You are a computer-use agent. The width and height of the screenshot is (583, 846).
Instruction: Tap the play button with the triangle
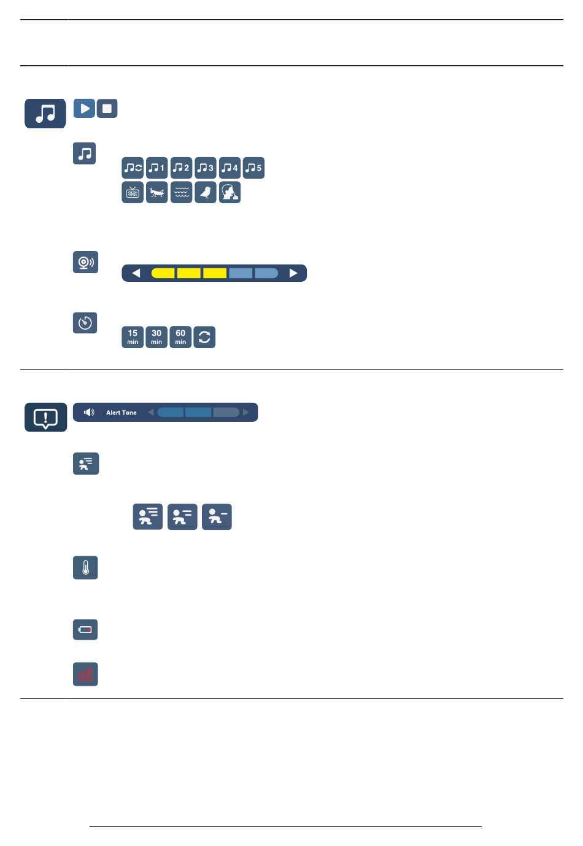point(84,109)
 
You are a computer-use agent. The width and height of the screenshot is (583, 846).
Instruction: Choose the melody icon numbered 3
point(206,168)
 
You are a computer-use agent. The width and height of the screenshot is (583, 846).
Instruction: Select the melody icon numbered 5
point(253,168)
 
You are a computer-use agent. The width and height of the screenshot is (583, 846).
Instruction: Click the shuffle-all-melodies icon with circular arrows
point(133,168)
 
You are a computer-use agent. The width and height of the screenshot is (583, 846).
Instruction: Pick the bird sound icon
point(206,192)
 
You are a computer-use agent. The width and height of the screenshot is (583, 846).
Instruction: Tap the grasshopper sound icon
point(157,192)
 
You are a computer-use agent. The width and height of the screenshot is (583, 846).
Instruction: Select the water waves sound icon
point(181,192)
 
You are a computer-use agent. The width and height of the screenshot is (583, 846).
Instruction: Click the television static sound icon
point(133,192)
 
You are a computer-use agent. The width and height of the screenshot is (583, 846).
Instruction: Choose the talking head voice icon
point(230,192)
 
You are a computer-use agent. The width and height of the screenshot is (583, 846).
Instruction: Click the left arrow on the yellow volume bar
point(136,273)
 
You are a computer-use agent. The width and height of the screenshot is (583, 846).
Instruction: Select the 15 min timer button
point(133,337)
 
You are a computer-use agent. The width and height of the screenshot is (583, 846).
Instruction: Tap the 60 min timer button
point(180,337)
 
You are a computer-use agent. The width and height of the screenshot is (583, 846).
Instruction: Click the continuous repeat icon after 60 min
point(204,337)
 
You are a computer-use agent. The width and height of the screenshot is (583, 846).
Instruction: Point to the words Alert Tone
point(122,413)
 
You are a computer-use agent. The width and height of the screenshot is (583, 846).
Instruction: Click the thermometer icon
point(85,568)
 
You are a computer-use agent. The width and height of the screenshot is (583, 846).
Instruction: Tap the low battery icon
point(85,629)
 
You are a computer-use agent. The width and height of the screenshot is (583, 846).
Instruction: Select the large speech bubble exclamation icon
point(45,417)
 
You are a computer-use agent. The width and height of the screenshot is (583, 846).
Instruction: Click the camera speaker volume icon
point(85,262)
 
